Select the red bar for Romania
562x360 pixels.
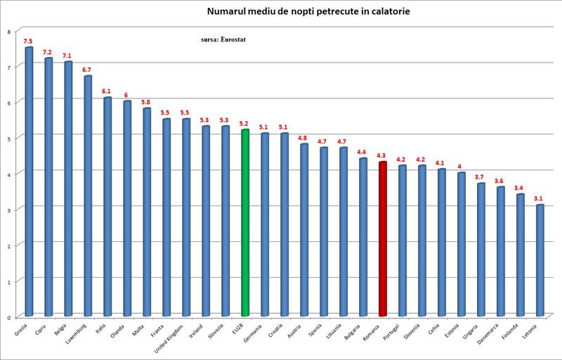click(383, 239)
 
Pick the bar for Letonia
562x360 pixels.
click(540, 260)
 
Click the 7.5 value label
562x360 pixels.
click(28, 41)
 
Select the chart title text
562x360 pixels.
click(285, 12)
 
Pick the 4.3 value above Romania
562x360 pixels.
click(382, 155)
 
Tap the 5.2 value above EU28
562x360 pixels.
click(244, 123)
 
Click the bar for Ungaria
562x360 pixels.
click(481, 250)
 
